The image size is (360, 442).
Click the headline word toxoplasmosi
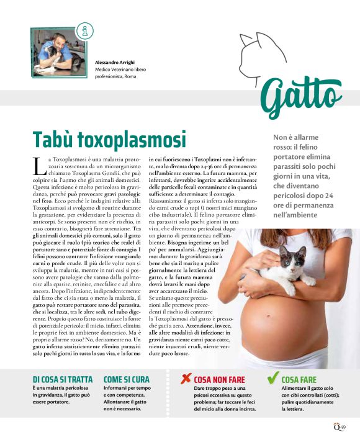pos(130,138)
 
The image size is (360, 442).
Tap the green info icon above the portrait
pos(84,30)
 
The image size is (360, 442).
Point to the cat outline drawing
pos(261,50)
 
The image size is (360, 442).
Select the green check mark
pos(272,377)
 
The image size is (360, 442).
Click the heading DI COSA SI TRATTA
pos(62,379)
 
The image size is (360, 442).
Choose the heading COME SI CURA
pos(127,379)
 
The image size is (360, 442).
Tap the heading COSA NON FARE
pos(219,379)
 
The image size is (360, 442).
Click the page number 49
pos(343,426)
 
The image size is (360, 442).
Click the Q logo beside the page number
pos(335,426)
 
